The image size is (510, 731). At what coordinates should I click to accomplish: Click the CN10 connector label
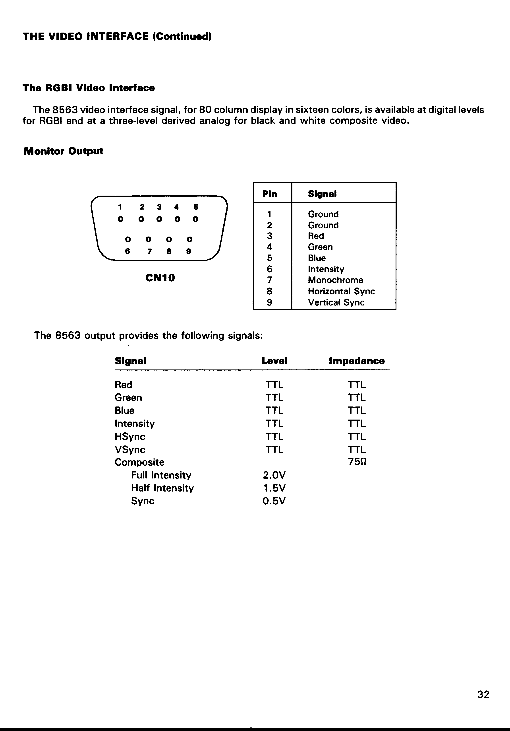[160, 278]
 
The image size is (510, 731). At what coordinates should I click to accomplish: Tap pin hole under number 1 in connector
[120, 219]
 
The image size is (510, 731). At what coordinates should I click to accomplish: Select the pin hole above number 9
[189, 239]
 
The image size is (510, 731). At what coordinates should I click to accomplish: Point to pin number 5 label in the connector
[196, 207]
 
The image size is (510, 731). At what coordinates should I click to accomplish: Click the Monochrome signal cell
[335, 280]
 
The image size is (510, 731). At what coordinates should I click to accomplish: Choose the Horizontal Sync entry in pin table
[341, 291]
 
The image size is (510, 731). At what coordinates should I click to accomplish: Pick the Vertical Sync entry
[336, 302]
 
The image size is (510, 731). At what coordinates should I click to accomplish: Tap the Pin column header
[269, 194]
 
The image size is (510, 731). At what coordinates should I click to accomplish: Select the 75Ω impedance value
[357, 462]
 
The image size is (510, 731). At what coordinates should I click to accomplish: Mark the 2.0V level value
[274, 475]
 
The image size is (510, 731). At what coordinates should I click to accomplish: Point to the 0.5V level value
[274, 501]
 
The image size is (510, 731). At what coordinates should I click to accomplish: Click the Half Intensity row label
[162, 488]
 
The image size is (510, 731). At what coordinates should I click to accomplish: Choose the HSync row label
[130, 437]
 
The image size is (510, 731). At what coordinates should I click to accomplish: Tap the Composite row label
[139, 462]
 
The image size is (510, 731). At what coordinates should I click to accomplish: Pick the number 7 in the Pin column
[269, 280]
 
